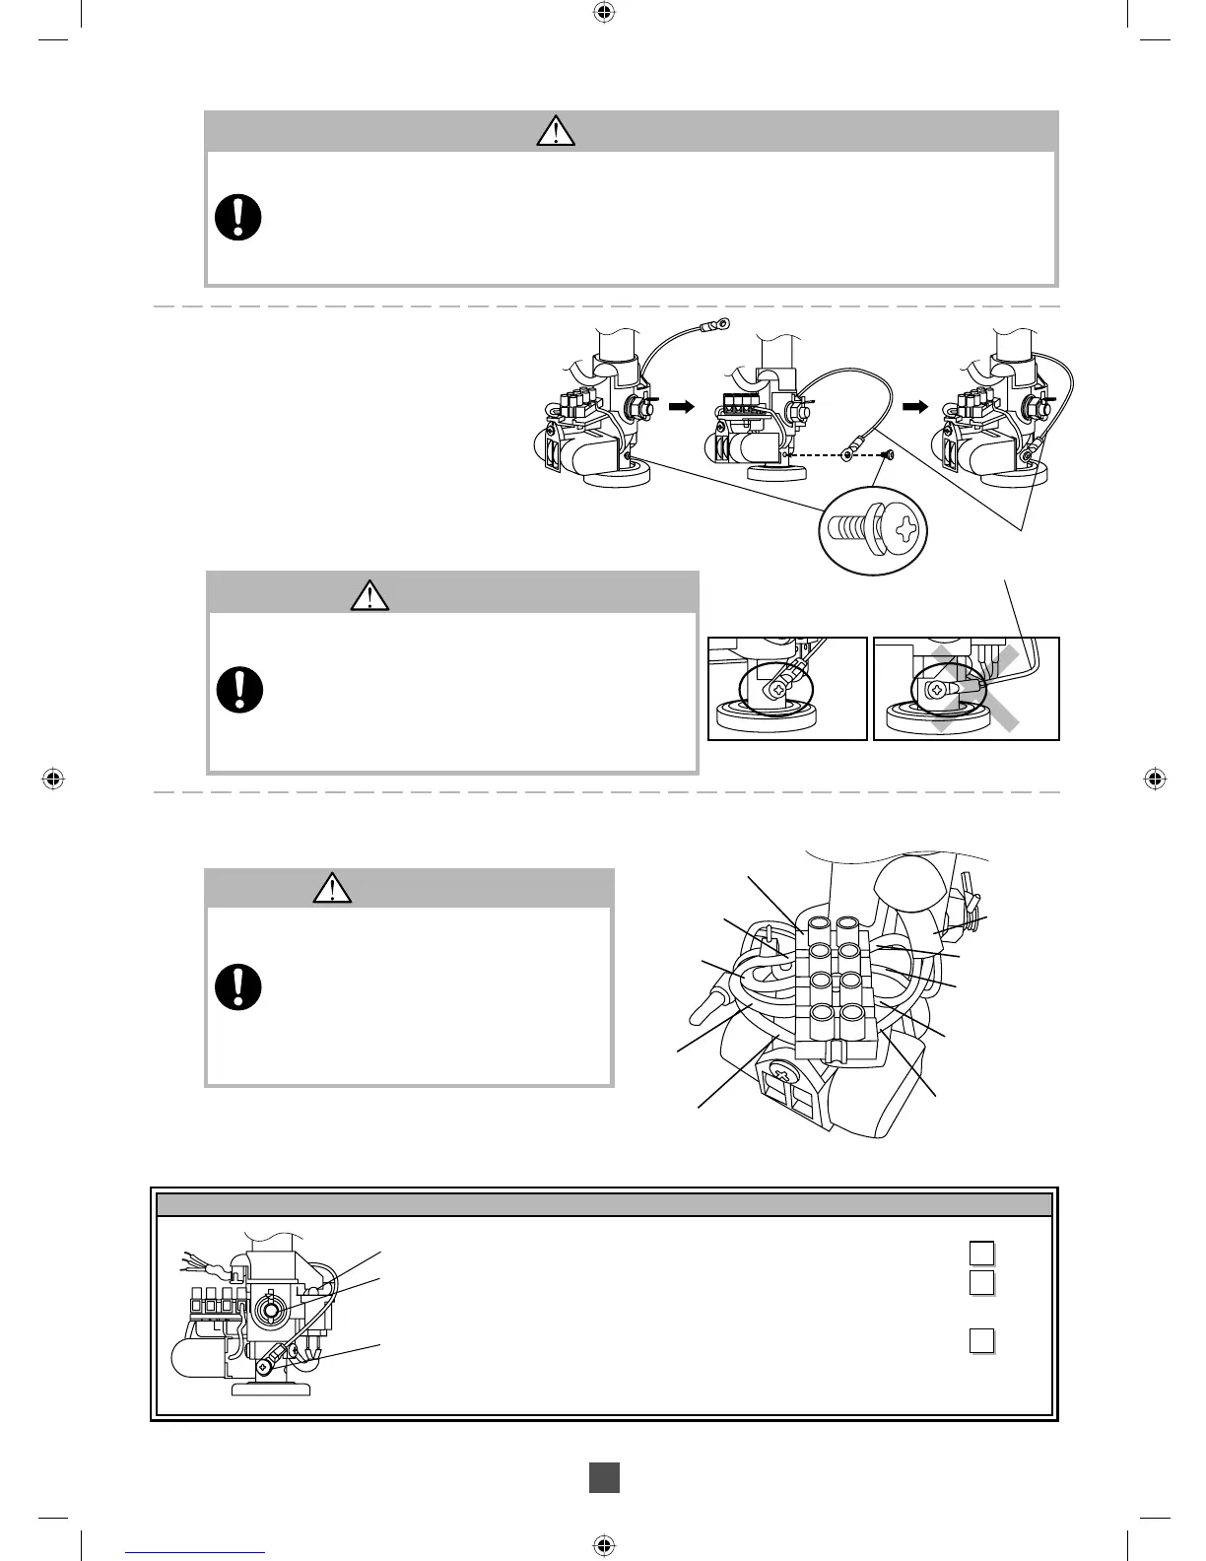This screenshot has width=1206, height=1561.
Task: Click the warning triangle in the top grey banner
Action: point(556,131)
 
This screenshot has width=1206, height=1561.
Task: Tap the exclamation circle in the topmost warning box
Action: point(238,217)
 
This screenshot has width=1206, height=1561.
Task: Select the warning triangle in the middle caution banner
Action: point(369,595)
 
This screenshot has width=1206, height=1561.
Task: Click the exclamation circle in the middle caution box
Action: point(239,690)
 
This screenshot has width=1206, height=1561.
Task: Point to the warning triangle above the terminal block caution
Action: point(333,889)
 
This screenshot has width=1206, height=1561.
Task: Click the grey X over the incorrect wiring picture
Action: point(974,690)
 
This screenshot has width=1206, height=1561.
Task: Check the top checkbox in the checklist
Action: point(980,1253)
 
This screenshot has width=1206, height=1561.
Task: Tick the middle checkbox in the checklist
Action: point(980,1282)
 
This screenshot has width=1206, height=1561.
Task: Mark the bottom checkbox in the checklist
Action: point(980,1341)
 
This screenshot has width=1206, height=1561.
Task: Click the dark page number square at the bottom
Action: point(604,1476)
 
